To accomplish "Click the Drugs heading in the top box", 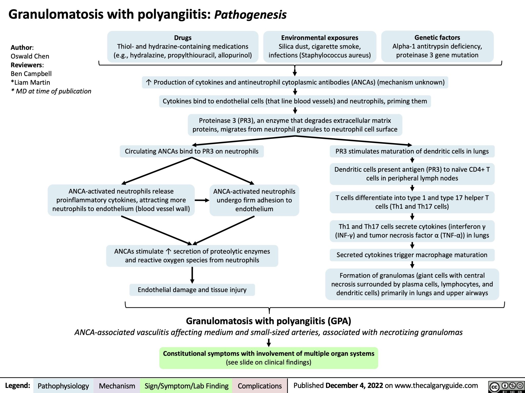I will click(183, 38).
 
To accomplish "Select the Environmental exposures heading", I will click(319, 38).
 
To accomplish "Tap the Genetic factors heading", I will click(437, 38).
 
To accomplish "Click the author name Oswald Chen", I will click(30, 56).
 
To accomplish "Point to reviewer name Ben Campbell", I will click(31, 74).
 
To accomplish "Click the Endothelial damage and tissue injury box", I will click(192, 290).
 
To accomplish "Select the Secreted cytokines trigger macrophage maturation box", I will click(412, 255).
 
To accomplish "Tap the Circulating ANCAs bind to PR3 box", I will click(191, 151).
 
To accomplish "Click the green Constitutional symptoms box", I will click(268, 358).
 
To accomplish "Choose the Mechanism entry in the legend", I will click(117, 386).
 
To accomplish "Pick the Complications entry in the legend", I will click(259, 386).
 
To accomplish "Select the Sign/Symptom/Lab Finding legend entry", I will click(186, 386).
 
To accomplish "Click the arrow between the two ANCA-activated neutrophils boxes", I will click(202, 201).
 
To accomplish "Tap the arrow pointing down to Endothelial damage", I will click(192, 275).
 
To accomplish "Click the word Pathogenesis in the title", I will click(250, 15).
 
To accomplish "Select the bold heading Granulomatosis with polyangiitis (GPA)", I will click(268, 321).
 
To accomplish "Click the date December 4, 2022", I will click(354, 386).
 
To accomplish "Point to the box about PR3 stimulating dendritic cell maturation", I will click(412, 151).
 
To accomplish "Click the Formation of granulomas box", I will click(412, 284).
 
